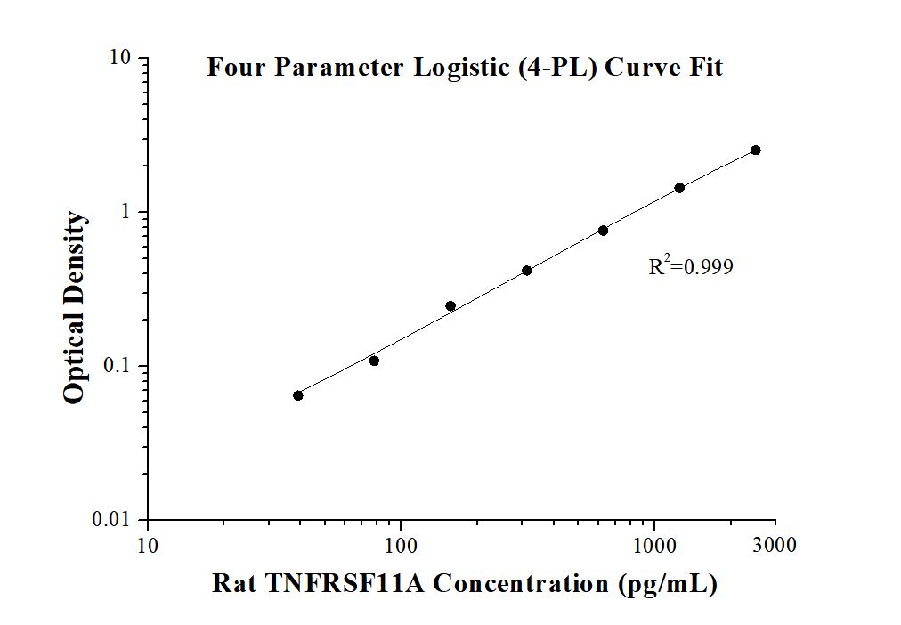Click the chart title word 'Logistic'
point(462,68)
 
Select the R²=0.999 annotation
point(691,265)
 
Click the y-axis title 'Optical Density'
point(76,308)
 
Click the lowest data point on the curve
point(297,395)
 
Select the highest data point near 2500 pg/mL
point(755,150)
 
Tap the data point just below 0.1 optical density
point(374,361)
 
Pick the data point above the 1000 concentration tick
point(679,188)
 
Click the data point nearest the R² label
point(603,231)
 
